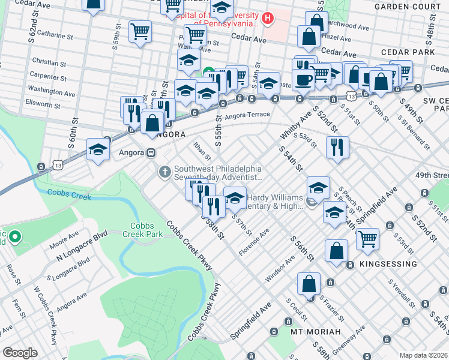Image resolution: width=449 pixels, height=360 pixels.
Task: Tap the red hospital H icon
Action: pos(268,19)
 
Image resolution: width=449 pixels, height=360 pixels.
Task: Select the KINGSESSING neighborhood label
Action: pos(388,264)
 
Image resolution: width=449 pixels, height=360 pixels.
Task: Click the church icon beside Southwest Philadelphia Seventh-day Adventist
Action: pos(165,173)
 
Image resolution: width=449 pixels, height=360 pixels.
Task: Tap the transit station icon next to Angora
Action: pos(154,152)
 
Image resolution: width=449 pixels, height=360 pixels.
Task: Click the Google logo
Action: pos(20,352)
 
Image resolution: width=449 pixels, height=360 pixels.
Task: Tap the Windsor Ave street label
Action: pos(281,268)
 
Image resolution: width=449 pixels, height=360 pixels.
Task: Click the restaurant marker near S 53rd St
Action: pos(338,146)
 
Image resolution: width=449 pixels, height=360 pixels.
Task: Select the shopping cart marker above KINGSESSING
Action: pos(367,239)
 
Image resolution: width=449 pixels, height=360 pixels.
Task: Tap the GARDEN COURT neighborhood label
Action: pos(408,6)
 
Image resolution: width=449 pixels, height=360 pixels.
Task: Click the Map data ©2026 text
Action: pos(424,355)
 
